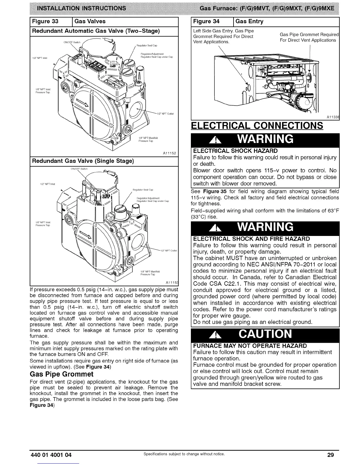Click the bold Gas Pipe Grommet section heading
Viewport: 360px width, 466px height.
pyautogui.click(x=62, y=374)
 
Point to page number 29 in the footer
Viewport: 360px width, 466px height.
pyautogui.click(x=331, y=455)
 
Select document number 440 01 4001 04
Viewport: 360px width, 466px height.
pyautogui.click(x=51, y=455)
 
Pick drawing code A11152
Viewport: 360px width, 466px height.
pyautogui.click(x=169, y=153)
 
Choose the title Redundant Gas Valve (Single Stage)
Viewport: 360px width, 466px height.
pyautogui.click(x=83, y=161)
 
